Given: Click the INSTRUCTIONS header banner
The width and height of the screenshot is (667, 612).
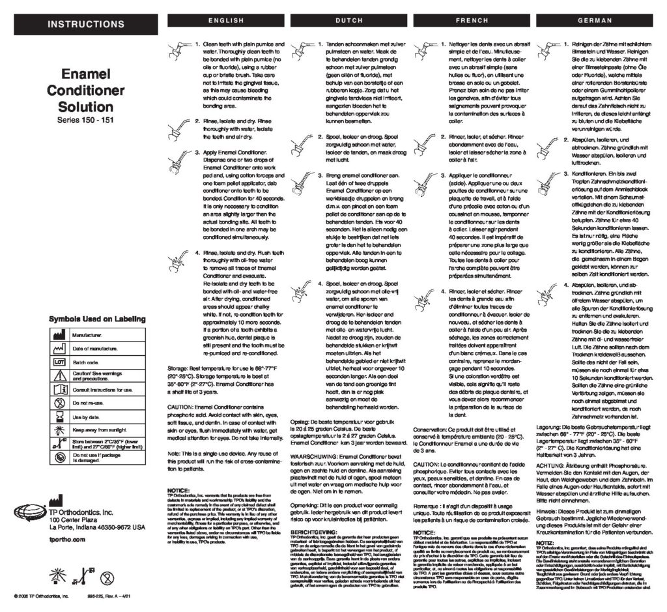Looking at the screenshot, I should [x=86, y=25].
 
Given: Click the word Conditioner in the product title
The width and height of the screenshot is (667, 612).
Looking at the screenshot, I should [x=86, y=90].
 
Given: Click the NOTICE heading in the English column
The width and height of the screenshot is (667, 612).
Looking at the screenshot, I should [x=178, y=489].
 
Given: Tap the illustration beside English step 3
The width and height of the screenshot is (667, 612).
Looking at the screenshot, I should [x=177, y=159].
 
